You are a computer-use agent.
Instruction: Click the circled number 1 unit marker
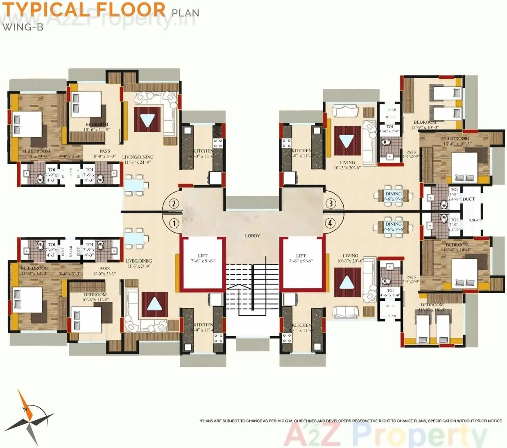pyautogui.click(x=174, y=224)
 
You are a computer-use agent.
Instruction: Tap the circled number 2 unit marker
pyautogui.click(x=174, y=204)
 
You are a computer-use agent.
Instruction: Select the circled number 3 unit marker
pyautogui.click(x=330, y=203)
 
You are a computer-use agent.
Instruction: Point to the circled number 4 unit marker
pyautogui.click(x=330, y=223)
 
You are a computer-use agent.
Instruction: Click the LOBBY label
pyautogui.click(x=252, y=236)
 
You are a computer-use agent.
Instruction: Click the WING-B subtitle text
pyautogui.click(x=23, y=27)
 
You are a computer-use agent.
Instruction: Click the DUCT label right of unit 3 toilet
pyautogui.click(x=469, y=199)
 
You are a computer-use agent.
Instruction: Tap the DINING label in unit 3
pyautogui.click(x=394, y=194)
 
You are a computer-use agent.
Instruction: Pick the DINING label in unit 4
pyautogui.click(x=394, y=224)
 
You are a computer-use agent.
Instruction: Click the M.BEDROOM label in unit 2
pyautogui.click(x=36, y=152)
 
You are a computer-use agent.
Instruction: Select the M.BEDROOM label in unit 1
pyautogui.click(x=35, y=269)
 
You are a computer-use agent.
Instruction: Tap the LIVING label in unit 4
pyautogui.click(x=350, y=256)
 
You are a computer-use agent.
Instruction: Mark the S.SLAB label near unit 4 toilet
pyautogui.click(x=475, y=220)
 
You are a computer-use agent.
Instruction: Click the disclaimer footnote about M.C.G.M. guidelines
pyautogui.click(x=351, y=421)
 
